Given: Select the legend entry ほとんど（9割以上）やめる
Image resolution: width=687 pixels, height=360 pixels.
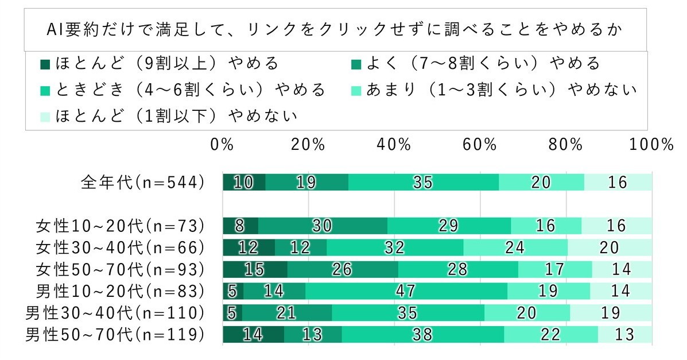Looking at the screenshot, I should [161, 62].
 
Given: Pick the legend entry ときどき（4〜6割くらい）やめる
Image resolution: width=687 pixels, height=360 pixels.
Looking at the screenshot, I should [184, 90].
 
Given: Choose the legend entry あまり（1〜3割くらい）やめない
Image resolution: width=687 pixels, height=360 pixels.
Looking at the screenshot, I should [494, 90].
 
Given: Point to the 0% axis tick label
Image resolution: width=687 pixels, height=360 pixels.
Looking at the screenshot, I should [222, 145].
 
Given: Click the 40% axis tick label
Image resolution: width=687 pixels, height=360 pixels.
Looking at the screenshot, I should [394, 145].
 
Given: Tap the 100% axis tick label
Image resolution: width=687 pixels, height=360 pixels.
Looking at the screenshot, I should [651, 145].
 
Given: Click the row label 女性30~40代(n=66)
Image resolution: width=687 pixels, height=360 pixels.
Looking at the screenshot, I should [120, 247].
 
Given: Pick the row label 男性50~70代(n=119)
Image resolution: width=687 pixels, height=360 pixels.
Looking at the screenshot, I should [115, 335].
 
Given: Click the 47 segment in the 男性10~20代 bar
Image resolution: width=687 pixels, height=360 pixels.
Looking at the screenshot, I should [406, 291].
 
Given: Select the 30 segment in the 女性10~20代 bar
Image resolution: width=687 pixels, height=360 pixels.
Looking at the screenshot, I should [323, 226].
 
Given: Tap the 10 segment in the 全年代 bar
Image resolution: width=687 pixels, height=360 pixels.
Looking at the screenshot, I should [244, 183].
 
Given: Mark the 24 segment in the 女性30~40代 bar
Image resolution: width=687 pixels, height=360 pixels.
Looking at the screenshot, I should [515, 247].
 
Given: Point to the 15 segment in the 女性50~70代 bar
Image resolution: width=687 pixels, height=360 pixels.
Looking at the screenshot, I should [255, 269].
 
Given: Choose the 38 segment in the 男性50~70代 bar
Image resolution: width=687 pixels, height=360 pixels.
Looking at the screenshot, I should [422, 335].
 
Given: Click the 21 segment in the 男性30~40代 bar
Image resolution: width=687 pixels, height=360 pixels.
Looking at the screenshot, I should [287, 313].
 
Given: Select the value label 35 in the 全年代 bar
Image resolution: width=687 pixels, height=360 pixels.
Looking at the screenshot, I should [423, 183].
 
